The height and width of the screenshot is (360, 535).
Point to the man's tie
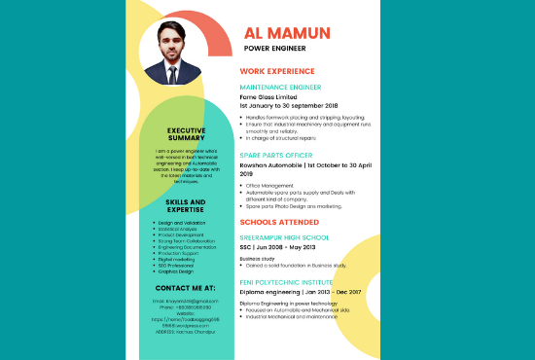178,73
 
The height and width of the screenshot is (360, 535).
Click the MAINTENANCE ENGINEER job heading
286,88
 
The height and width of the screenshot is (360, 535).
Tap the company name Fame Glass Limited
272,96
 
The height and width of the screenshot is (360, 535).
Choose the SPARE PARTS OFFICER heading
277,155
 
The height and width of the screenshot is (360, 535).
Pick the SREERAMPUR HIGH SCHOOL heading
284,236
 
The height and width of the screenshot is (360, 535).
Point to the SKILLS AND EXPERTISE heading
185,205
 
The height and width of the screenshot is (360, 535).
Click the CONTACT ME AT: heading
185,289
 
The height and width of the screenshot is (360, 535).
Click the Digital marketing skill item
175,259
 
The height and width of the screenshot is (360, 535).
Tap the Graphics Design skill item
176,270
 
